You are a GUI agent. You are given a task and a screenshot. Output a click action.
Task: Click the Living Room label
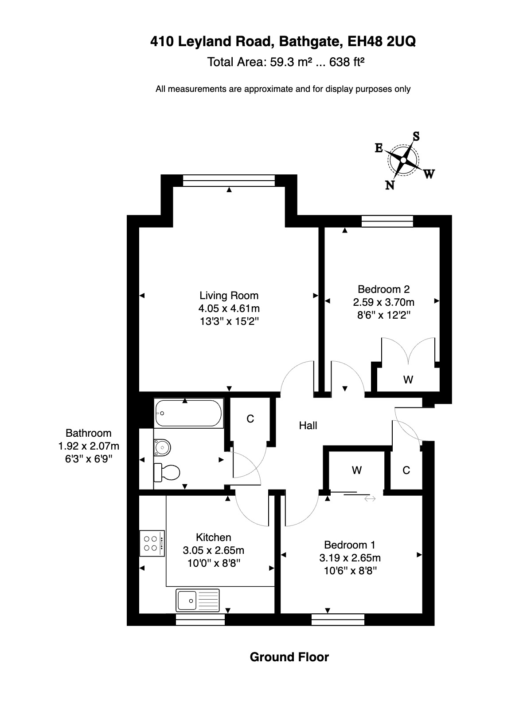(x=229, y=295)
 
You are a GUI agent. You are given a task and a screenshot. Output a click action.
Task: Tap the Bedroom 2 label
(x=383, y=289)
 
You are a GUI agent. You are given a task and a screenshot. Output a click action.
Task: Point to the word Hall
(x=308, y=425)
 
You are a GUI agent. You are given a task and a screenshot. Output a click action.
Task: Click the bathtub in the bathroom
(x=188, y=413)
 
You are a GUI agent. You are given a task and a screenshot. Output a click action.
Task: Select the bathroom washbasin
(x=162, y=447)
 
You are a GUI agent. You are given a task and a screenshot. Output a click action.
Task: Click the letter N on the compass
(x=390, y=185)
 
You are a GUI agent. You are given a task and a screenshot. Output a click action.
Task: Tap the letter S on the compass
(x=416, y=136)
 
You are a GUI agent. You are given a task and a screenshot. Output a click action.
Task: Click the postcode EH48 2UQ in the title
(x=381, y=41)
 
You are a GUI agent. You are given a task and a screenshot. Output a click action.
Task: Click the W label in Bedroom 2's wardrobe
(x=408, y=379)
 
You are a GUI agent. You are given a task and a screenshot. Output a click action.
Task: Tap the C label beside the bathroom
(x=250, y=419)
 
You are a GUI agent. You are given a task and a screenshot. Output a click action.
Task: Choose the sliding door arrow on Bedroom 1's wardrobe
(x=370, y=498)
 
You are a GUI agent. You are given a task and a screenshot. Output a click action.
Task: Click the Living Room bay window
(x=229, y=180)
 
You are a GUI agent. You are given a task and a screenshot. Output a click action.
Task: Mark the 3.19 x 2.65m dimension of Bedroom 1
(x=350, y=557)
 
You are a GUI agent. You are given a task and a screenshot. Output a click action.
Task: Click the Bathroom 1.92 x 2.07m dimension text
(x=89, y=446)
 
